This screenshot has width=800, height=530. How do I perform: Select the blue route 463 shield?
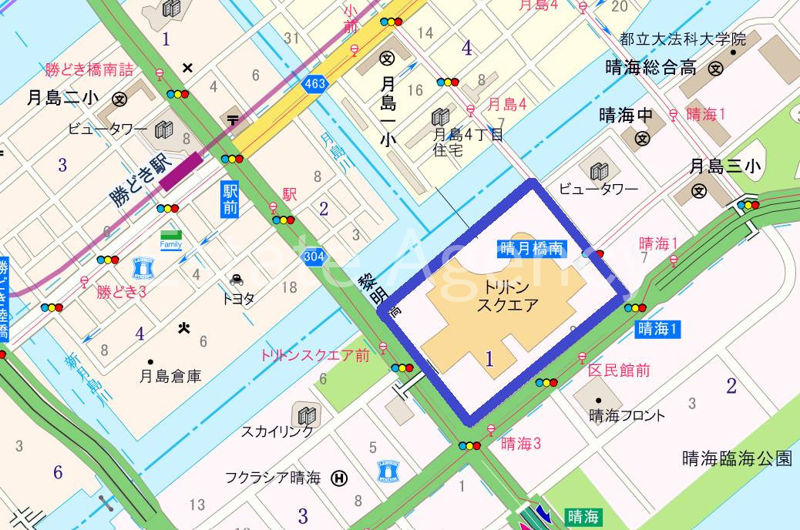point(314,84)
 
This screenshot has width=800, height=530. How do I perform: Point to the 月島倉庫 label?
point(170,377)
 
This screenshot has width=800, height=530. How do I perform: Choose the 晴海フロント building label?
point(627,416)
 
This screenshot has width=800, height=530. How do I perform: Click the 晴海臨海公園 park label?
point(737,459)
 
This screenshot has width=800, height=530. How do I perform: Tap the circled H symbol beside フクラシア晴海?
point(339,478)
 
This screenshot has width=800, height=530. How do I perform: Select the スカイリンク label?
point(277,432)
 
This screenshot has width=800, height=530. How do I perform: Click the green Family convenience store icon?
point(171,239)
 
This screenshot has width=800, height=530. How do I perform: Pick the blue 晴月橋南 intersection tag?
point(532,248)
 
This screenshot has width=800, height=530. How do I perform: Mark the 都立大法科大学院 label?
point(683,39)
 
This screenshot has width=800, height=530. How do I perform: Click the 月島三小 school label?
point(725,166)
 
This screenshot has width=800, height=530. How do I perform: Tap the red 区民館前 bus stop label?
point(619,371)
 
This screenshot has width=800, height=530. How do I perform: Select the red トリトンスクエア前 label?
point(314,355)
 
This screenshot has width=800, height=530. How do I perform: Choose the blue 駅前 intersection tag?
point(230,199)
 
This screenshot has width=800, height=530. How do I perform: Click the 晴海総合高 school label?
point(651,68)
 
